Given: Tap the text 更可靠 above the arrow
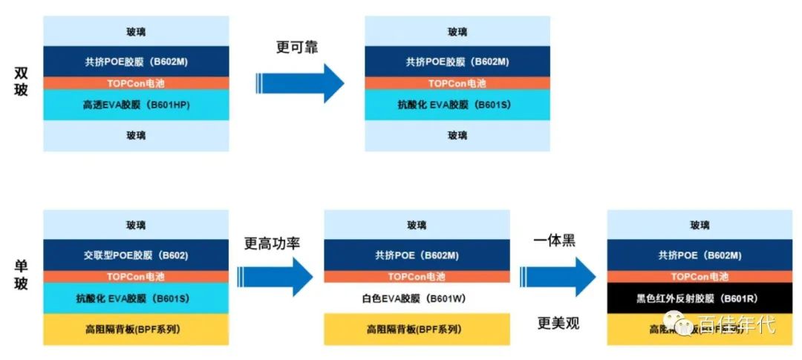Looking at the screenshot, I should click(297, 47).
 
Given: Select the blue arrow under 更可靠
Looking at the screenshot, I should click(300, 82).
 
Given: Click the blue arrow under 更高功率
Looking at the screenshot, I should click(276, 276).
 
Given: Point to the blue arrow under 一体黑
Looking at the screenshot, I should click(558, 276).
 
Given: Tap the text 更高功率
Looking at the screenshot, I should click(272, 243).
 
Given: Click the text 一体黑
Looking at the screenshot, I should click(555, 241).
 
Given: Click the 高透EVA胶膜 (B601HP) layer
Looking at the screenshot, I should click(136, 105).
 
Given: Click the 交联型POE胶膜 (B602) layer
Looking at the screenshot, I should click(136, 255).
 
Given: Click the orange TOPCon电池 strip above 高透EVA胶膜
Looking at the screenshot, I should click(136, 83).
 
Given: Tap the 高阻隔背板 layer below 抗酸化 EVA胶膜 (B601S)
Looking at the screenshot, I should click(136, 329).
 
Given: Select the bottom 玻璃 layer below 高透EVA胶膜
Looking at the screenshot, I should click(136, 136).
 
